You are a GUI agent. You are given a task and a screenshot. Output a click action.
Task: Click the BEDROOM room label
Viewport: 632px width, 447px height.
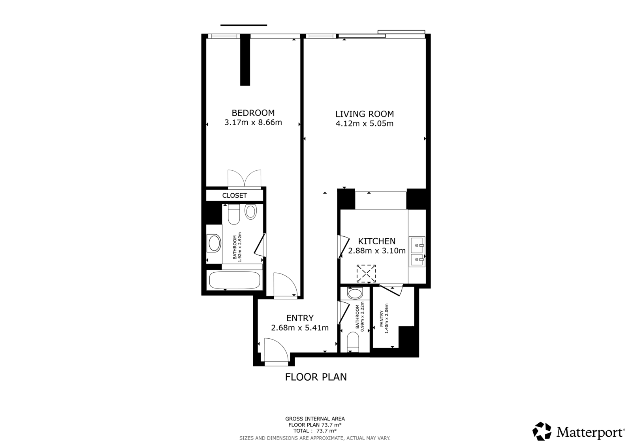(x=253, y=113)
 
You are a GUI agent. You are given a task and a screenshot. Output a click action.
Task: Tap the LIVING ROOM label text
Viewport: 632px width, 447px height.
(x=364, y=114)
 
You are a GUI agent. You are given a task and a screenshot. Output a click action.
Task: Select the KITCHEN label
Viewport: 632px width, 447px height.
(x=376, y=241)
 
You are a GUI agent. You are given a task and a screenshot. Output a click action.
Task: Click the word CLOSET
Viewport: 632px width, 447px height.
(x=234, y=195)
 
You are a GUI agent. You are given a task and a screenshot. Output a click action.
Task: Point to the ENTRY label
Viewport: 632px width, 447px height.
(x=300, y=318)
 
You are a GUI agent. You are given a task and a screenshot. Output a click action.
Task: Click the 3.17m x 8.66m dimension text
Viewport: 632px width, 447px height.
(x=253, y=123)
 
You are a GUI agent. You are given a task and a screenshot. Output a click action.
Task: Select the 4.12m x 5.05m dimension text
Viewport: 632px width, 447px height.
(x=364, y=124)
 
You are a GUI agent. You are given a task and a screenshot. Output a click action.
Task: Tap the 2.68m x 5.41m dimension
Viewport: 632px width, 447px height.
(x=300, y=328)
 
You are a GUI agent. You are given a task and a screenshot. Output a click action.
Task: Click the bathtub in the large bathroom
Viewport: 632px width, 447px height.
(x=234, y=281)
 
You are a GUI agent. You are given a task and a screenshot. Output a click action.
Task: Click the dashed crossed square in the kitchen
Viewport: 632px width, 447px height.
(x=366, y=273)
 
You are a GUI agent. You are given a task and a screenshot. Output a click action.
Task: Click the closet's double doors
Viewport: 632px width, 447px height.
(x=245, y=178)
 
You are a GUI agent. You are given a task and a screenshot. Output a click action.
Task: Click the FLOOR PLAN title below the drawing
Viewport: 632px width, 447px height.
(x=316, y=377)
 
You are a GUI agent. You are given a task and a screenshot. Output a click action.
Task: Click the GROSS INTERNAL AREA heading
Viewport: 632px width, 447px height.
(x=315, y=419)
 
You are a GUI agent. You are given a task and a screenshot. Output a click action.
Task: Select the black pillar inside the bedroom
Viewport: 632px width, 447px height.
(x=245, y=60)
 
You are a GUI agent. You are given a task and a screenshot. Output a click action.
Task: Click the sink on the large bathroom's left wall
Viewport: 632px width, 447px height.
(x=214, y=243)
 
